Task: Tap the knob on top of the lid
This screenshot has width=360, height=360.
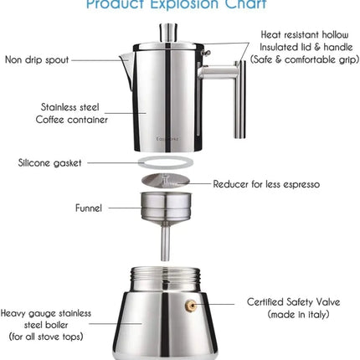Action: click(166, 32)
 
